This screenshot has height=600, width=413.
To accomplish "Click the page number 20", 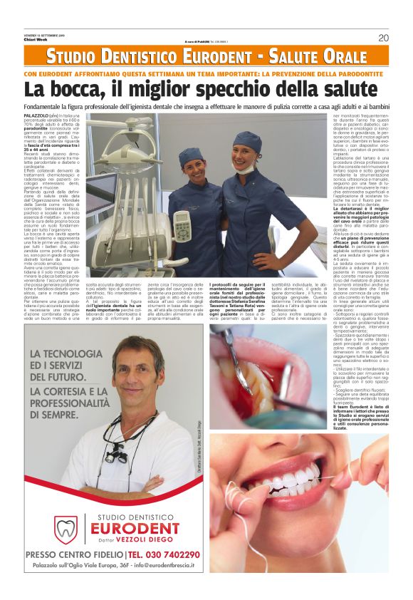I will [x=383, y=38].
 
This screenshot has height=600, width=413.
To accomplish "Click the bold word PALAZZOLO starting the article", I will [x=36, y=115].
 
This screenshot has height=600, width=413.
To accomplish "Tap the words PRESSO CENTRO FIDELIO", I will [x=73, y=555].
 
